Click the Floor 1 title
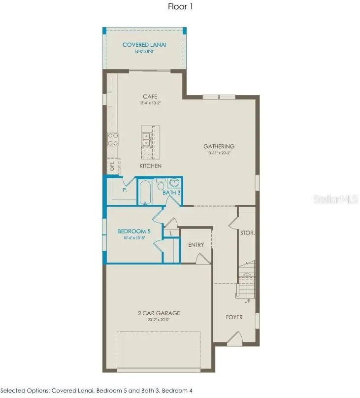180,7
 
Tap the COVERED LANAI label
144,45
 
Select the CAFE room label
150,97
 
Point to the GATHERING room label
219,146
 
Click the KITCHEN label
150,166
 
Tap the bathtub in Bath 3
146,193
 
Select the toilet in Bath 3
161,186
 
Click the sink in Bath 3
174,183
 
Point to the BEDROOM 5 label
134,231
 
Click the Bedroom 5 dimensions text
134,238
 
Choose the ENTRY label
196,245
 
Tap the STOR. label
247,232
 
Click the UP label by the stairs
247,300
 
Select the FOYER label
234,317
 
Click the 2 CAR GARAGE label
159,313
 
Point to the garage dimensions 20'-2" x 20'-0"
159,320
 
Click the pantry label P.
125,189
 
